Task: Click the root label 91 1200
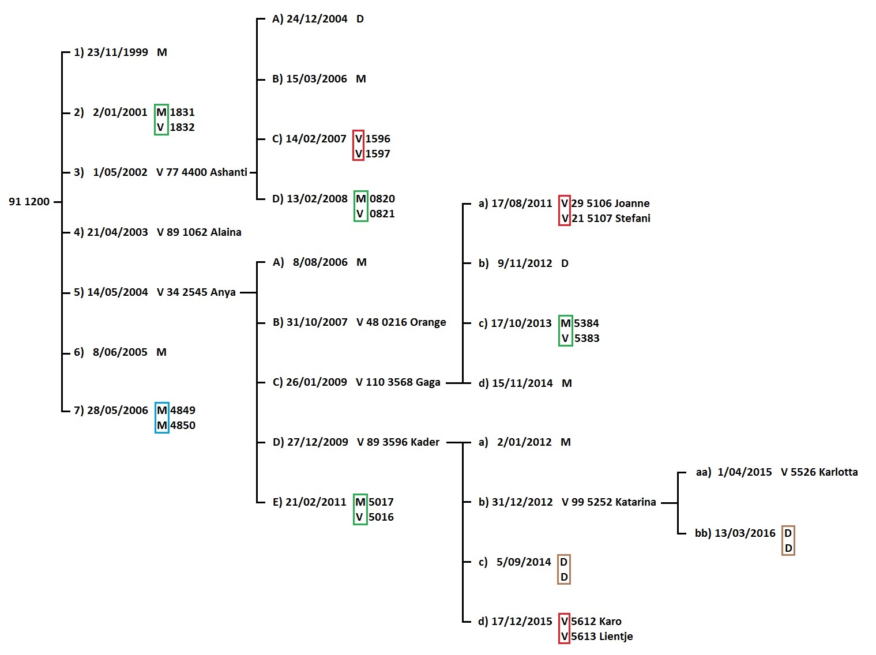click(x=29, y=202)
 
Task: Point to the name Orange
click(x=427, y=322)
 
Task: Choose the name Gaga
click(x=428, y=382)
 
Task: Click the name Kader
click(x=426, y=442)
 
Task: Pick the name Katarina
click(x=635, y=502)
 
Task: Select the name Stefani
click(x=633, y=219)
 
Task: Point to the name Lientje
click(x=616, y=637)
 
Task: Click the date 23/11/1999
click(x=117, y=52)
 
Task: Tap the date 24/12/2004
click(x=317, y=19)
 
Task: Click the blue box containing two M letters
click(x=162, y=417)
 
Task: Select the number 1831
click(x=182, y=112)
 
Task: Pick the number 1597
click(x=378, y=154)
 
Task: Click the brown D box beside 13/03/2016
click(x=788, y=540)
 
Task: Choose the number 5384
click(x=586, y=323)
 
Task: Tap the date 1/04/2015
click(x=745, y=472)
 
